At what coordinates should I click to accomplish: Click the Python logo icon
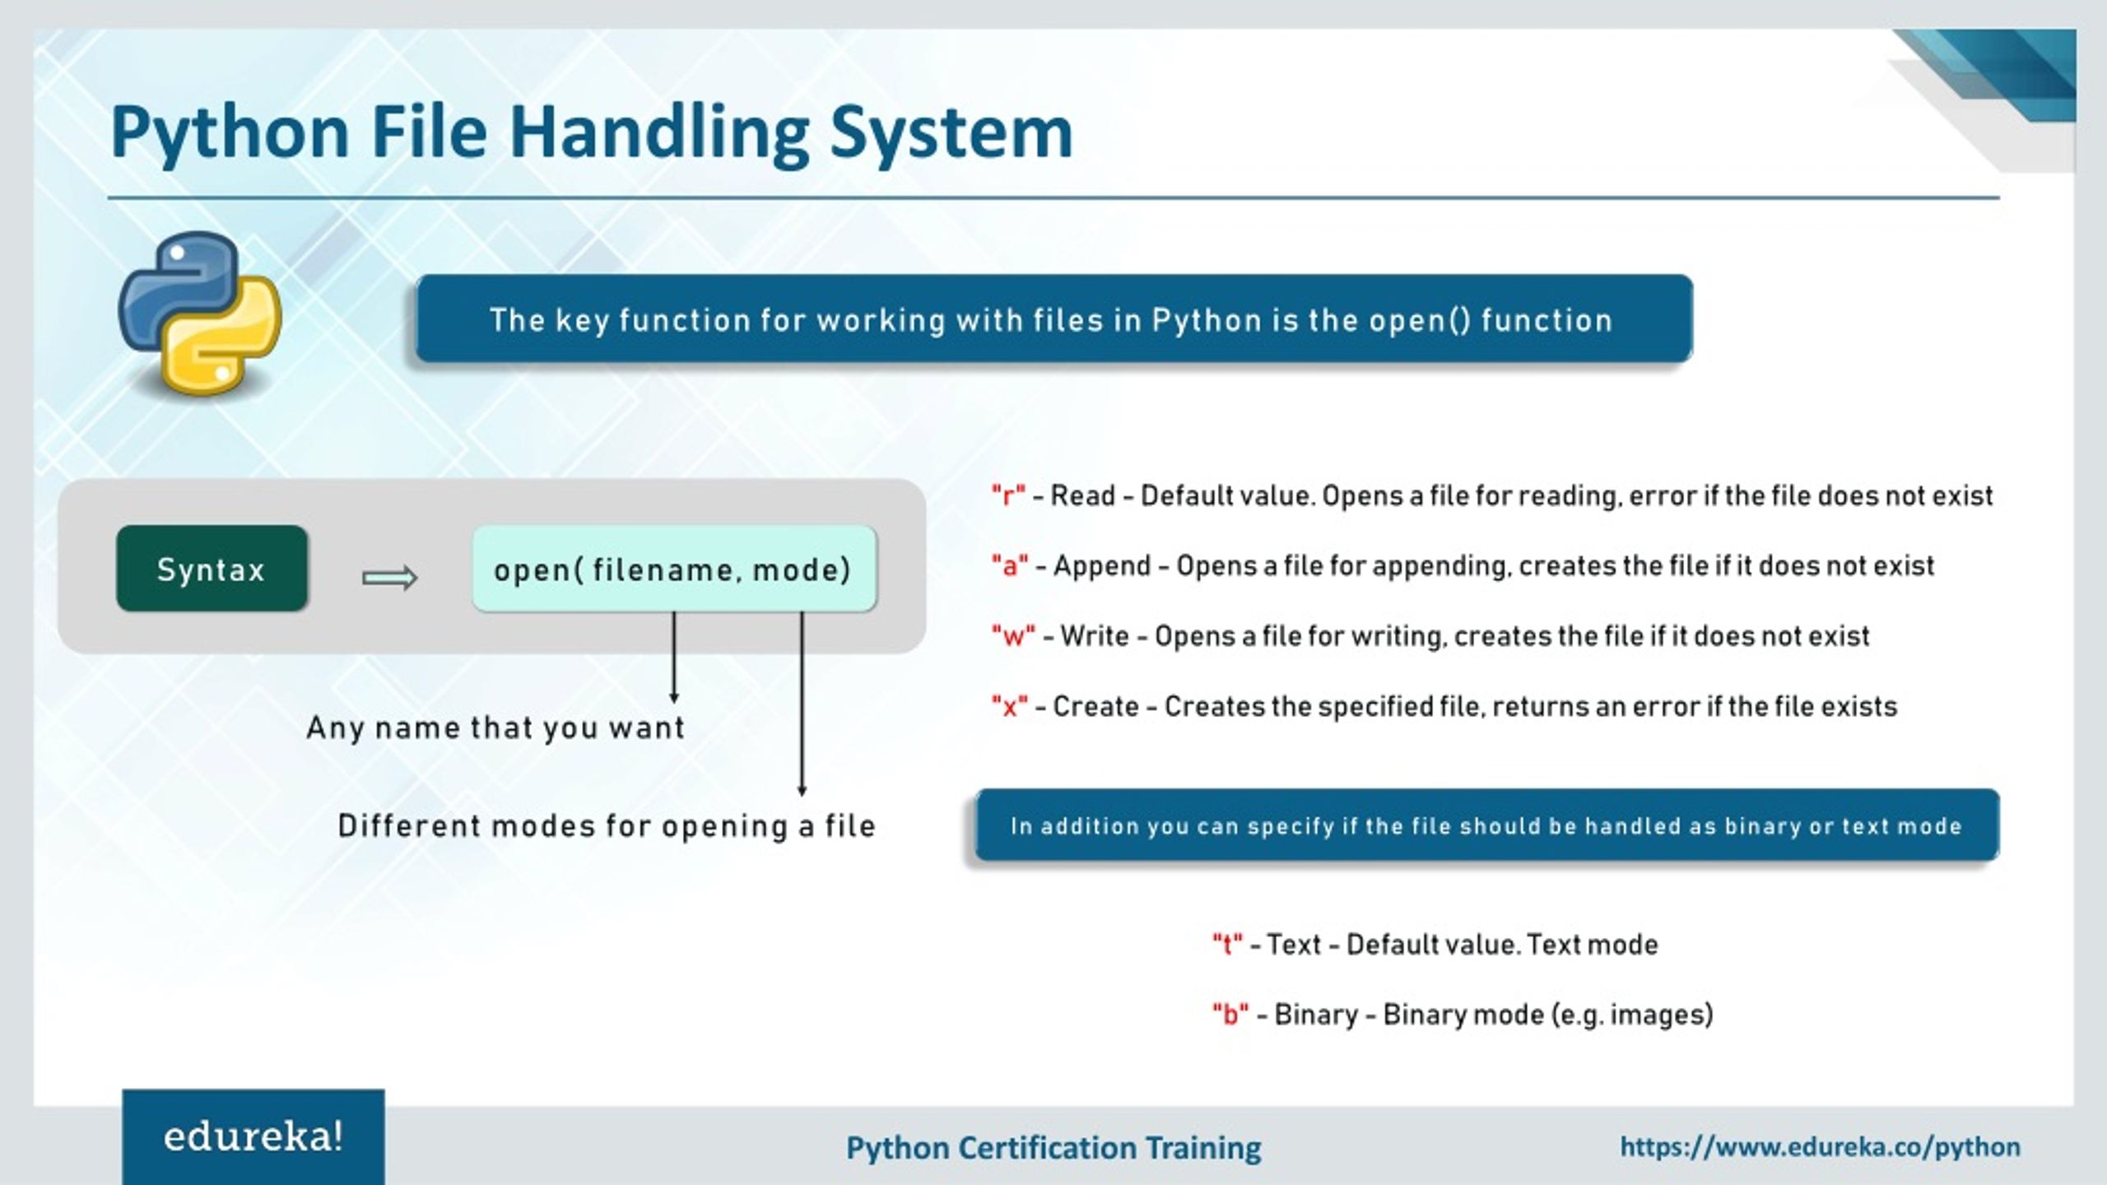click(x=200, y=313)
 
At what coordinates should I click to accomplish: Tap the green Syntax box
click(x=212, y=569)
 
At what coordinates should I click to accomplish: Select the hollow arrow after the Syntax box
click(x=390, y=578)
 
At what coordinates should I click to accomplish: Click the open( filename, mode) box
click(x=674, y=569)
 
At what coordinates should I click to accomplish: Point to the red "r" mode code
click(x=1008, y=496)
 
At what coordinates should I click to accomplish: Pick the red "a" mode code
click(x=1009, y=566)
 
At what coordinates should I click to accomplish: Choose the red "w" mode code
click(x=1012, y=636)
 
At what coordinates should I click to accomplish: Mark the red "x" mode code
click(x=1009, y=707)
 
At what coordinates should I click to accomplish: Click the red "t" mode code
click(x=1226, y=945)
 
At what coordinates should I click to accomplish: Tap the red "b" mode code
click(x=1230, y=1015)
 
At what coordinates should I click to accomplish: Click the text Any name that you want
click(x=495, y=727)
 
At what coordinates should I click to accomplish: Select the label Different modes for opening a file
click(x=607, y=826)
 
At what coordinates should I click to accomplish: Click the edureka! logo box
click(x=253, y=1137)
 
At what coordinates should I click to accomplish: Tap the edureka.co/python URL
click(x=1820, y=1146)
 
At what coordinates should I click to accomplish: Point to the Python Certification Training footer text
click(x=1053, y=1148)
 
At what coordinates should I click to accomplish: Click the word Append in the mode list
click(x=1101, y=566)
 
